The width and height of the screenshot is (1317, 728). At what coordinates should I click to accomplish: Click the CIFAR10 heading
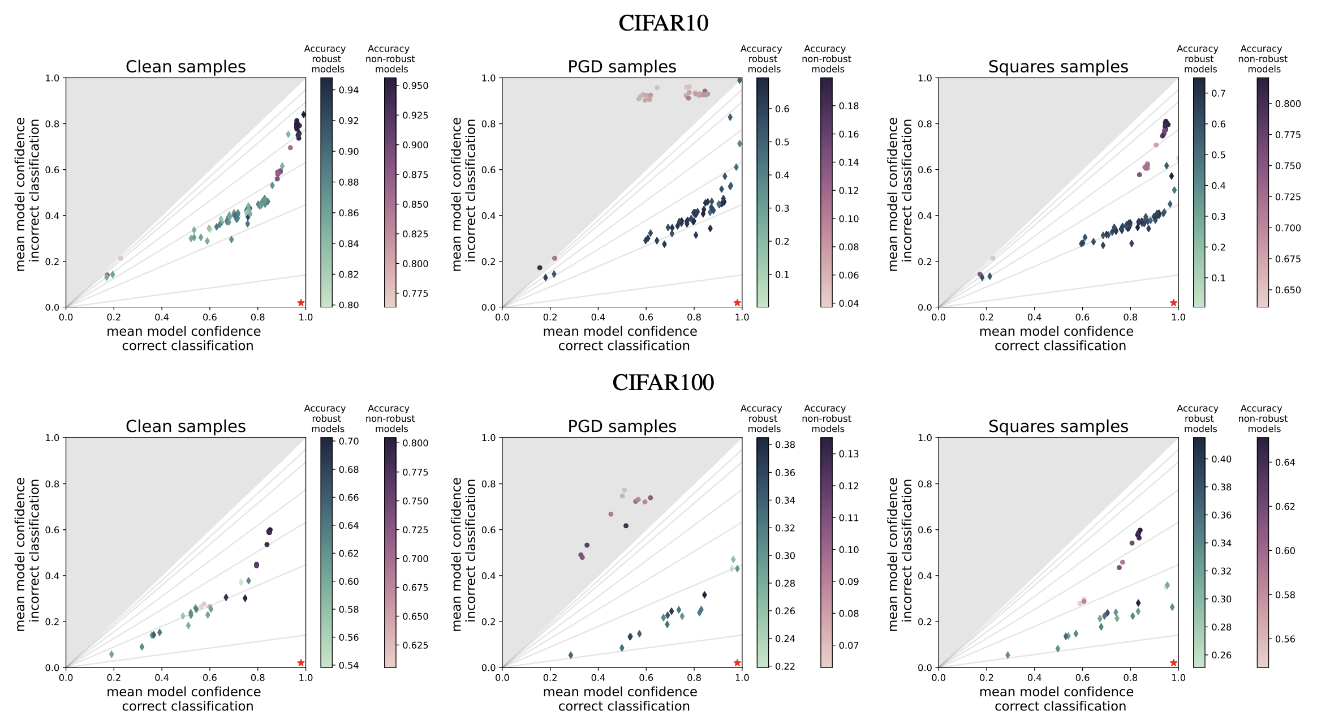pos(663,23)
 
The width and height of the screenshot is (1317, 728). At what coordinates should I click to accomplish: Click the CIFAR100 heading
pos(663,383)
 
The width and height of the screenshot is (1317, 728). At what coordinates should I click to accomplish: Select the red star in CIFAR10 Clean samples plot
pos(301,303)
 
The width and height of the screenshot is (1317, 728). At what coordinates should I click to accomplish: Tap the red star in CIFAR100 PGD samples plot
pos(737,663)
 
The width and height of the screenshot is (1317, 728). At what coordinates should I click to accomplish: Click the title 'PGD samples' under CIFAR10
pos(622,67)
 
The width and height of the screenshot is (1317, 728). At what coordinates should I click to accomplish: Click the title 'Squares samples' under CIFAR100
pos(1058,427)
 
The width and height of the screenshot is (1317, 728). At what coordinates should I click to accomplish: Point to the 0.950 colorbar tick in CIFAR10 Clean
pos(415,85)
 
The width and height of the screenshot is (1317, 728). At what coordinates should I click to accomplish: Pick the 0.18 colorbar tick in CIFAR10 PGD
pos(849,106)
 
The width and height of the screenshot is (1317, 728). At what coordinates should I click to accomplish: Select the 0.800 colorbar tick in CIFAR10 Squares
pos(1288,104)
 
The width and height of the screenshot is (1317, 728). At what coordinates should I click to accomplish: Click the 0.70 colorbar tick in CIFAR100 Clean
pos(348,442)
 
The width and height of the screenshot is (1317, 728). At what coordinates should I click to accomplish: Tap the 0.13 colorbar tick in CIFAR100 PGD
pos(849,454)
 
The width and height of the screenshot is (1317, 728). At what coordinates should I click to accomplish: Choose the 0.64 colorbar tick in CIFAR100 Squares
pos(1285,463)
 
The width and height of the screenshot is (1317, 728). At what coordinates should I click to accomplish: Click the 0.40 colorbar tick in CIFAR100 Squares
pos(1221,459)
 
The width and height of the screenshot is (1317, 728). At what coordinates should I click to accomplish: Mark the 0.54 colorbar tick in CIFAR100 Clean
pos(348,665)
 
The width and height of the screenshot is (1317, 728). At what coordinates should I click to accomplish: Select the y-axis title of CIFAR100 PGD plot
pos(464,554)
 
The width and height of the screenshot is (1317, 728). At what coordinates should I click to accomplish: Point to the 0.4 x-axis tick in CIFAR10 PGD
pos(598,318)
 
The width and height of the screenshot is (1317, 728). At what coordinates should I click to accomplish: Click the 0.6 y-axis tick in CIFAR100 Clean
pos(52,530)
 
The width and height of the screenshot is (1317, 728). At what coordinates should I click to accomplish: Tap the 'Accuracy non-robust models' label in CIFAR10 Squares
pos(1263,59)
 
